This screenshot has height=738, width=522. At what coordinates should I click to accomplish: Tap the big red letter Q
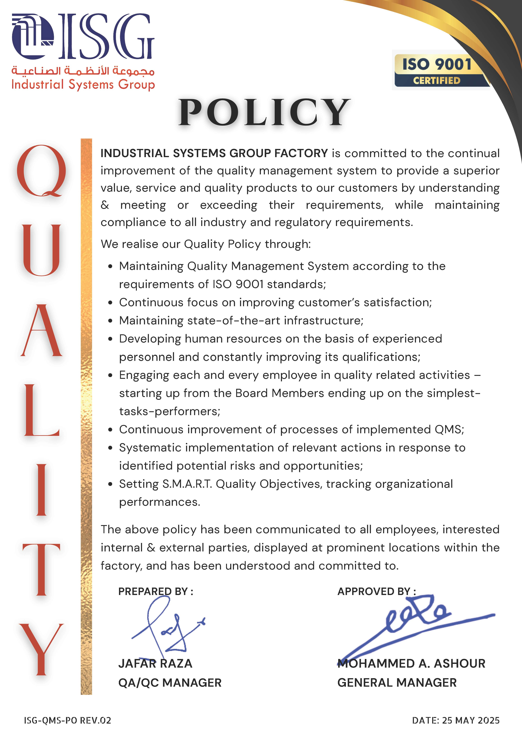coord(42,170)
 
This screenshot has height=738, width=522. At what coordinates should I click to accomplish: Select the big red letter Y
coord(41,650)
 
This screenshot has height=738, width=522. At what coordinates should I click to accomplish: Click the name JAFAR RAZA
coord(155,663)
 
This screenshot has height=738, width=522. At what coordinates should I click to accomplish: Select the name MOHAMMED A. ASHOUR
coord(412,663)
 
